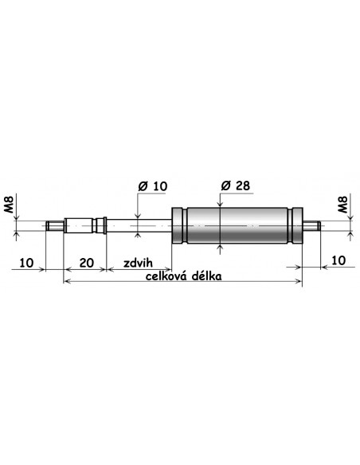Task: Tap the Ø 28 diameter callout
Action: coord(234,186)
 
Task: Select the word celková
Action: coord(170,275)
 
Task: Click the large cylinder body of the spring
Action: coord(235,227)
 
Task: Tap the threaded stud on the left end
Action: coord(54,227)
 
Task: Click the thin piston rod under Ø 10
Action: coord(139,227)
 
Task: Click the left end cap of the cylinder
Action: coord(178,227)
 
